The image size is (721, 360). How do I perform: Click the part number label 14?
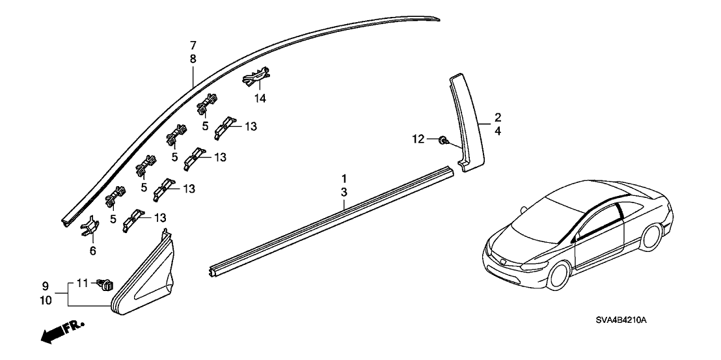[261, 99]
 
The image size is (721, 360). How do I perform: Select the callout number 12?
[418, 138]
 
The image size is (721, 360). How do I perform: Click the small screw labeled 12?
[442, 139]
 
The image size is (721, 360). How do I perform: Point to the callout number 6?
[92, 251]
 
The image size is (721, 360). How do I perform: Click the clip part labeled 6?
[90, 228]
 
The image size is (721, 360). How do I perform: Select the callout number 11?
[82, 283]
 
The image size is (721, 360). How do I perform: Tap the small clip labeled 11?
[105, 283]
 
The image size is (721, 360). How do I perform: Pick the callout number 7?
[193, 46]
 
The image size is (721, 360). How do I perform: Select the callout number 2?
[498, 117]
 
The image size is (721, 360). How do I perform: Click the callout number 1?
[345, 178]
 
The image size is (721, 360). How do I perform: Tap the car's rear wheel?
[651, 238]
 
